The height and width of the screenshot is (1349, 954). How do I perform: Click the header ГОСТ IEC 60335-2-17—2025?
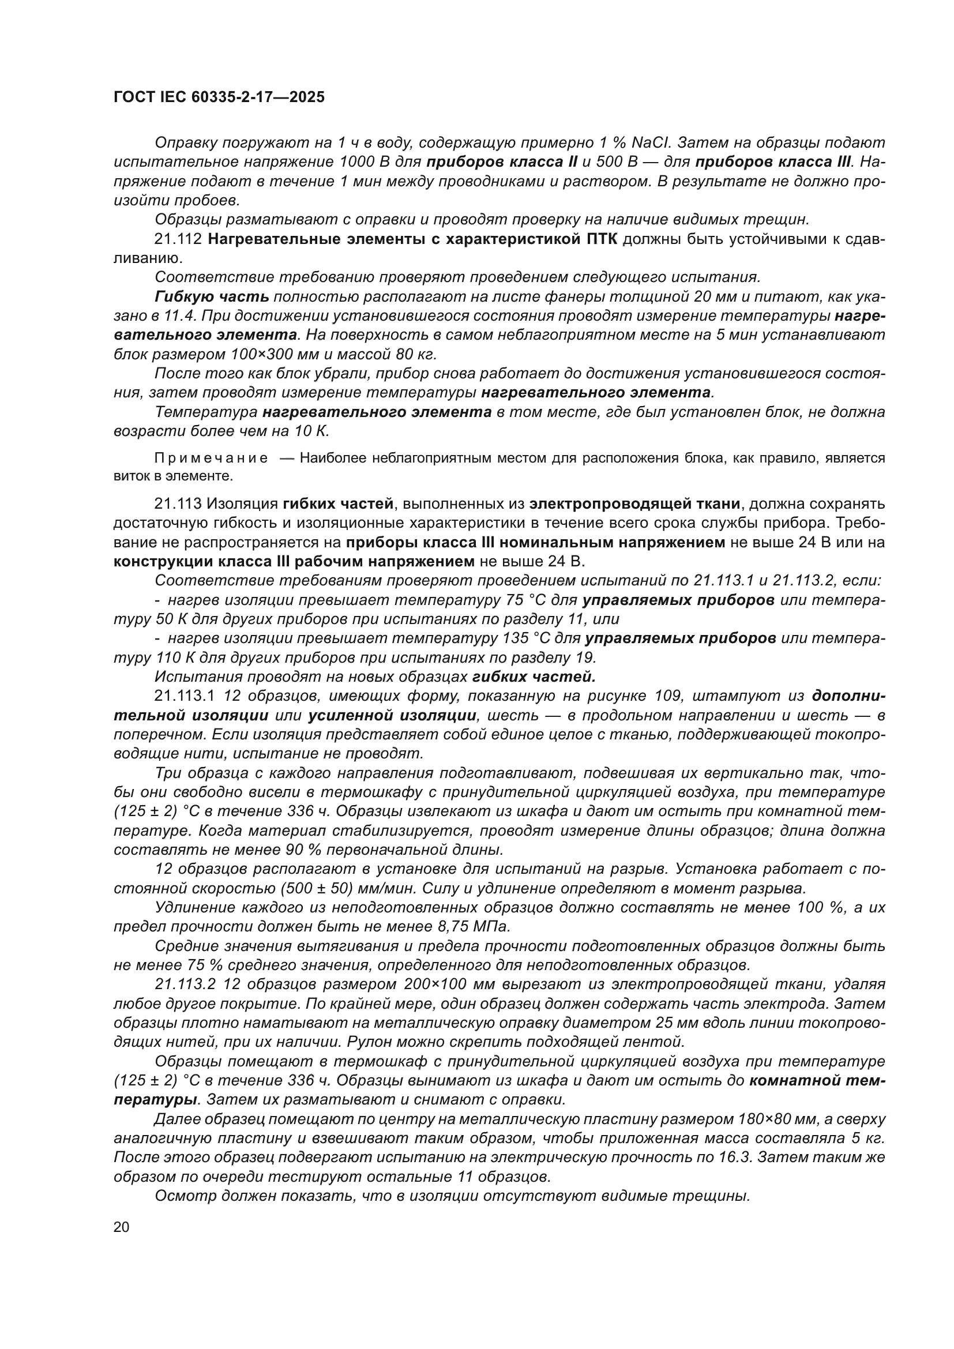219,97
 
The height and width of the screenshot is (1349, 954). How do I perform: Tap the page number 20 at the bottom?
122,1227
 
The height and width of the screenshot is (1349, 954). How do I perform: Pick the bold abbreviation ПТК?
602,239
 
